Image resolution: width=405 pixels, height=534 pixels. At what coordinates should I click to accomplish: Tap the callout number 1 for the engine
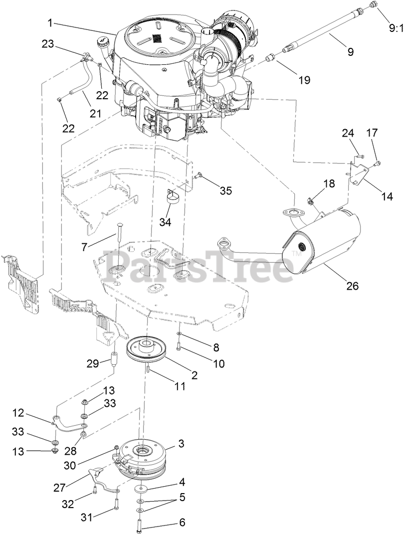(x=51, y=22)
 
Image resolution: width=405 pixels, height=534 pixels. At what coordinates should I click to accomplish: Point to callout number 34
(x=165, y=222)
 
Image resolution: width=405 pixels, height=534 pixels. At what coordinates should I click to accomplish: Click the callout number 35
(x=226, y=191)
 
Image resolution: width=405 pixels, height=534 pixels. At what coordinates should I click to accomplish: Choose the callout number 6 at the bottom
(x=182, y=523)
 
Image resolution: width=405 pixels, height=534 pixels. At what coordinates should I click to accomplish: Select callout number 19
(x=303, y=79)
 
